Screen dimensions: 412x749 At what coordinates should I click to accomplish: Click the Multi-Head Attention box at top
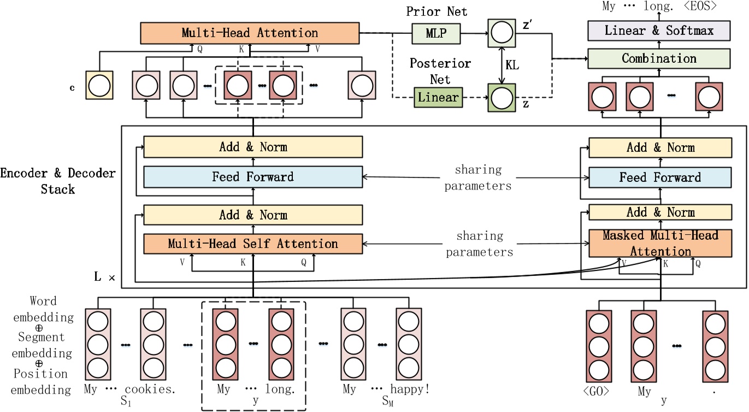pyautogui.click(x=249, y=33)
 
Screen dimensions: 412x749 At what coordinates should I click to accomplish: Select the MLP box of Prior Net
pyautogui.click(x=435, y=34)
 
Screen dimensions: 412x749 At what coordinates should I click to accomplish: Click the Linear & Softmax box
pyautogui.click(x=659, y=30)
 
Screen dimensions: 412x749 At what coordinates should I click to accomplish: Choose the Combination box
pyautogui.click(x=659, y=58)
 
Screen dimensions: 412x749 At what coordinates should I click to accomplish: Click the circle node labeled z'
pyautogui.click(x=501, y=34)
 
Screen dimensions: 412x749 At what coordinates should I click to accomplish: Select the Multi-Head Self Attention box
pyautogui.click(x=252, y=244)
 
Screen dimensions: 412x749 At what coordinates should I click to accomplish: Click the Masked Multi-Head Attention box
pyautogui.click(x=660, y=244)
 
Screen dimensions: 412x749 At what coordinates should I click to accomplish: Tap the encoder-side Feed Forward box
pyautogui.click(x=252, y=177)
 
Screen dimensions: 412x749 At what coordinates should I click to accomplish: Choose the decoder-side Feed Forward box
pyautogui.click(x=660, y=177)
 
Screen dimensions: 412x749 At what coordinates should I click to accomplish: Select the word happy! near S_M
pyautogui.click(x=409, y=390)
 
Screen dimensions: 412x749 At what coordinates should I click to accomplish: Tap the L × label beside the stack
pyautogui.click(x=104, y=278)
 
